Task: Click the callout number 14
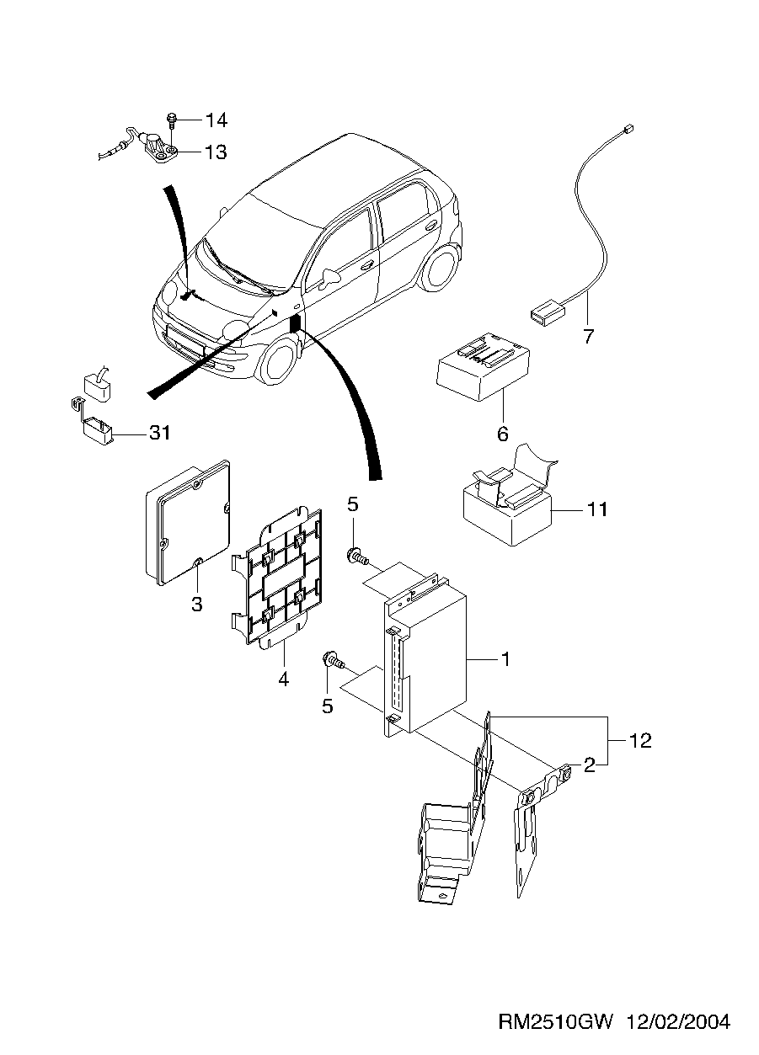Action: coord(216,120)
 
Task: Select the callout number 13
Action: coord(216,152)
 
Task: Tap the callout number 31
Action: coord(160,433)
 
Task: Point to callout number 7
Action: coord(589,336)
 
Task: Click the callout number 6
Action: coord(503,434)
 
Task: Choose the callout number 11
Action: coord(597,509)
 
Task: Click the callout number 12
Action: coord(640,741)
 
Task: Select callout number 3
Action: coord(197,604)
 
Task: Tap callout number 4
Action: coord(283,679)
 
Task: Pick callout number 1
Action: coord(505,659)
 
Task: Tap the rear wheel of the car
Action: coord(441,268)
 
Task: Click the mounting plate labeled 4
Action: coord(277,578)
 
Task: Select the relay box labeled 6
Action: coord(483,365)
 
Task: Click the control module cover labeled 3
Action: coord(188,522)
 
